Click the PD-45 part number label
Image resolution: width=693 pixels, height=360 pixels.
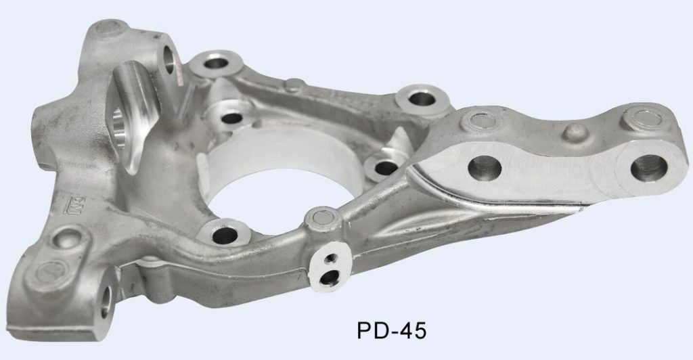point(392,331)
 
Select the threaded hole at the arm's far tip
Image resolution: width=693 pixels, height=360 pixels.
point(648,168)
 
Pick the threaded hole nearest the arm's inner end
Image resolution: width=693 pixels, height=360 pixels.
point(485,168)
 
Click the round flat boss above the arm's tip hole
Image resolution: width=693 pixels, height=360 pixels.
point(643,118)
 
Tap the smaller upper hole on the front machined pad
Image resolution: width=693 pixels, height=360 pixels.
point(331,259)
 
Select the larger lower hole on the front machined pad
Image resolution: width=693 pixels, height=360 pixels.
point(330,277)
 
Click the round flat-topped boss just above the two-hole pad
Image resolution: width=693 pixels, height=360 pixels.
point(323,217)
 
